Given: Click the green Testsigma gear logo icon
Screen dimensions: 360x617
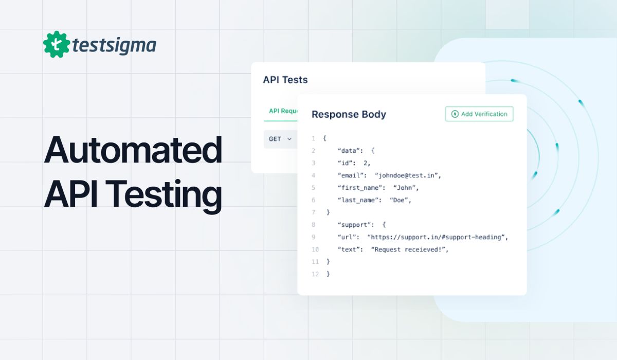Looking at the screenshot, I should click(57, 44).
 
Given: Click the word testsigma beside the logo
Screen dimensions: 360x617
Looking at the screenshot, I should click(114, 46).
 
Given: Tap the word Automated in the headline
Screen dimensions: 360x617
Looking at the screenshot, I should click(133, 150).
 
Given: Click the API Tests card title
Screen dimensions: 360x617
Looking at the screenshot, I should click(285, 80).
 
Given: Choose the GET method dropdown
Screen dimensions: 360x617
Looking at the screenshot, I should click(280, 139).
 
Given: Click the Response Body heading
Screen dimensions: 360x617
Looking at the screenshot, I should click(349, 115).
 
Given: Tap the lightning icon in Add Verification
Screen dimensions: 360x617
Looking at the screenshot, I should click(455, 114).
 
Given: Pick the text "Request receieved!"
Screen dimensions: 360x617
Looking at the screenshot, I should click(410, 249).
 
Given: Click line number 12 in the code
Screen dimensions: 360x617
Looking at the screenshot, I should click(315, 274).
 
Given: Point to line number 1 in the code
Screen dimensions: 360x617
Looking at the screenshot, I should click(313, 138).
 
